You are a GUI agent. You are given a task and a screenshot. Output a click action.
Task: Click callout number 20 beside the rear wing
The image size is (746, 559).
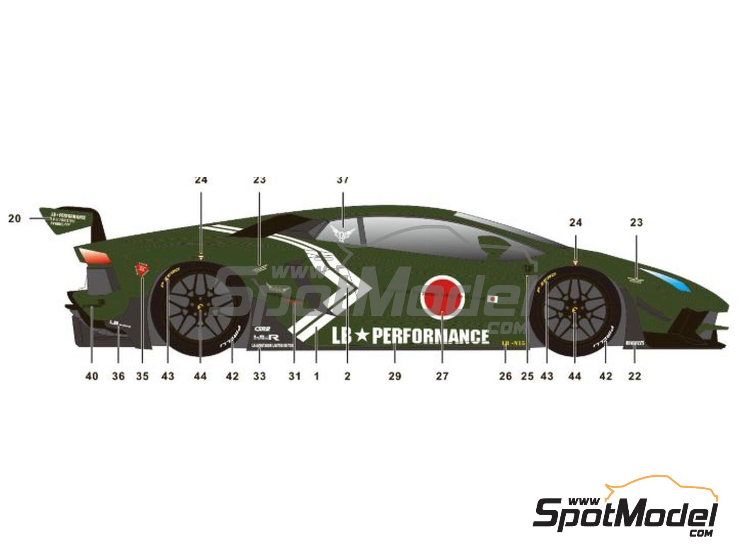coord(15,218)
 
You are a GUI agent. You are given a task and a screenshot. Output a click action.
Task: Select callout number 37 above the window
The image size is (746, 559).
coord(343,180)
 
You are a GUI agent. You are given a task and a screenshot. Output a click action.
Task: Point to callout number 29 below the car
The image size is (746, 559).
coord(395,376)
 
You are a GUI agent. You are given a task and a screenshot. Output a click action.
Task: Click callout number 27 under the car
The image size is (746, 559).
coord(442,376)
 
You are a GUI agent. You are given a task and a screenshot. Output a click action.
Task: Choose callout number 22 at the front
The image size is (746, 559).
coord(635,376)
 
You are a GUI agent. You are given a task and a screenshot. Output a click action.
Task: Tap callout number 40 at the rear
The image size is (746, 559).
coord(92,376)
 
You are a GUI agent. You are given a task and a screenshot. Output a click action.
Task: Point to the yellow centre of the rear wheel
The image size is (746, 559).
coord(201,307)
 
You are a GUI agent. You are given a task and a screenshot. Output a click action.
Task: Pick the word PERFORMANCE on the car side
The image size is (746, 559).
coord(430,336)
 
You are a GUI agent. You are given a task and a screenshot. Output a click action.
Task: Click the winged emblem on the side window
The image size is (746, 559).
coord(343,234)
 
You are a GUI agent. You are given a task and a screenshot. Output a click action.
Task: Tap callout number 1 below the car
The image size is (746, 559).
coord(317,376)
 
